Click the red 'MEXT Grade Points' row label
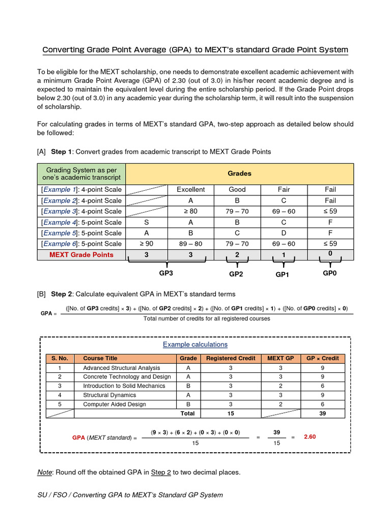(x=81, y=254)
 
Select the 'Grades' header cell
(x=239, y=173)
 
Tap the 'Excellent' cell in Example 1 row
(x=190, y=189)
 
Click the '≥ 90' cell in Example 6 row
(x=147, y=244)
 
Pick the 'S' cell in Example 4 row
(x=147, y=222)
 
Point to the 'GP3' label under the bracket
(x=166, y=273)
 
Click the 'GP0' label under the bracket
(x=330, y=273)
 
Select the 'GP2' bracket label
(x=236, y=274)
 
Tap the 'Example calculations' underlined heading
(x=195, y=344)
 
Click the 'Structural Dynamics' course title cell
(x=109, y=395)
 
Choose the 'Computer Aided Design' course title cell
(x=115, y=404)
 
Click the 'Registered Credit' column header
(x=231, y=358)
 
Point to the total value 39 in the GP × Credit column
(x=322, y=414)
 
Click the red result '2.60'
(x=310, y=437)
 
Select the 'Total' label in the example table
(x=187, y=414)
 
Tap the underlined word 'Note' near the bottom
(x=45, y=472)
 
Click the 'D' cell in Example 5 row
(x=284, y=233)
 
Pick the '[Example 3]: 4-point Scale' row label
(x=81, y=211)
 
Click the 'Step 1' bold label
(x=62, y=152)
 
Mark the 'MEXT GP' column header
(x=281, y=358)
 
